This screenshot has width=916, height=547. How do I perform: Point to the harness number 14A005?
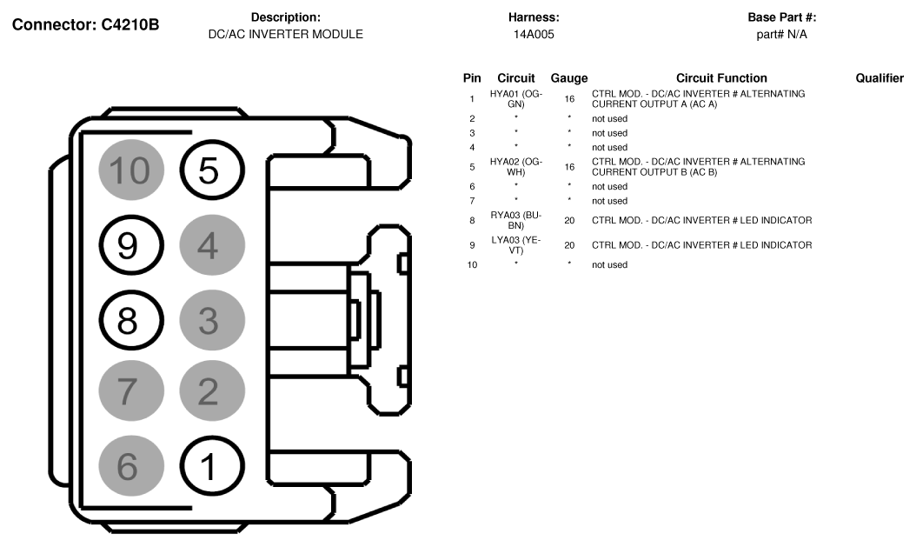534,35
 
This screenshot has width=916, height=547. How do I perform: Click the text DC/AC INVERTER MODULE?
286,35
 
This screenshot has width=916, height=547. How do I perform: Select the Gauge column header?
569,78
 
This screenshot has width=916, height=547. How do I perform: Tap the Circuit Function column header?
721,78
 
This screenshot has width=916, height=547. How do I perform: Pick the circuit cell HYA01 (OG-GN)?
516,98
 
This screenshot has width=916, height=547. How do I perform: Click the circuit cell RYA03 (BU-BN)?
516,220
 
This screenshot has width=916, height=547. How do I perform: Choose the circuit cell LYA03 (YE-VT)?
516,244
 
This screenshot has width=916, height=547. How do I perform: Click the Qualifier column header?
879,78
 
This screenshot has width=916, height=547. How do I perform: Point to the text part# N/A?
782,35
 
